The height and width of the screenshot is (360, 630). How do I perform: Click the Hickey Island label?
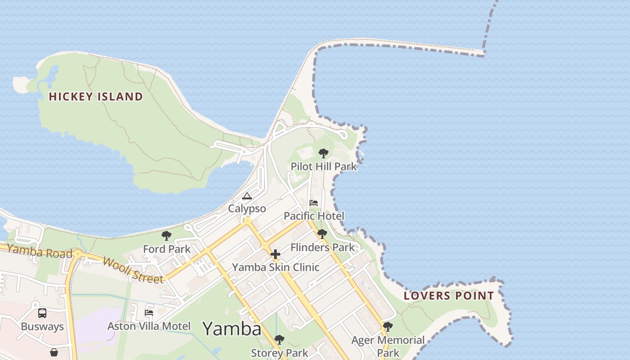coord(95,96)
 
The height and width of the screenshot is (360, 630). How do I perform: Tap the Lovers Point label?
coord(449,296)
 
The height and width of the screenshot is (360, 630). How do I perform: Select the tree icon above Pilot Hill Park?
coord(323,153)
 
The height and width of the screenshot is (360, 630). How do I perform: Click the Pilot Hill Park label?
coord(324,166)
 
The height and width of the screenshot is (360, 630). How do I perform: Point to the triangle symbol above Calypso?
coord(247,196)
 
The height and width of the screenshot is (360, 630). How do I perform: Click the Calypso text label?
coord(247,209)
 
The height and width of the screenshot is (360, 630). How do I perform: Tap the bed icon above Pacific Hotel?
coord(314,203)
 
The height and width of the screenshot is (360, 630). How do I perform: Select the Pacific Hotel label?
coord(314,216)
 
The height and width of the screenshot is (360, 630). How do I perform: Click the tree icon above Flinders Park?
coord(322,234)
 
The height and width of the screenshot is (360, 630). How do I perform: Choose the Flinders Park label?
coord(322,247)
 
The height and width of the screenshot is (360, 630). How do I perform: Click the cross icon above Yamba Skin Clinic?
coord(275,254)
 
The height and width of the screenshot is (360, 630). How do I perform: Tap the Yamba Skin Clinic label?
coord(275,267)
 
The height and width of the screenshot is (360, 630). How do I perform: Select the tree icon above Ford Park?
coord(166,236)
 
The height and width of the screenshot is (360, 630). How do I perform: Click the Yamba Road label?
coord(40,252)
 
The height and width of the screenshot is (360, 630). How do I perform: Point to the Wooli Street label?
coord(133,270)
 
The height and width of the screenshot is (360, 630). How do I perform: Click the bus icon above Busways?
coord(42,313)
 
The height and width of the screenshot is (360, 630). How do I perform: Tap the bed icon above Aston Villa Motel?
coord(148,313)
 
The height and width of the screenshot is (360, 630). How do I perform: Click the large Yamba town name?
coord(232,329)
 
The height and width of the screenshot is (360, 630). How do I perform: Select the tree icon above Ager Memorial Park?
coord(387,327)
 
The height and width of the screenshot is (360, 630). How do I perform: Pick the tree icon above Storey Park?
coord(279,340)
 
